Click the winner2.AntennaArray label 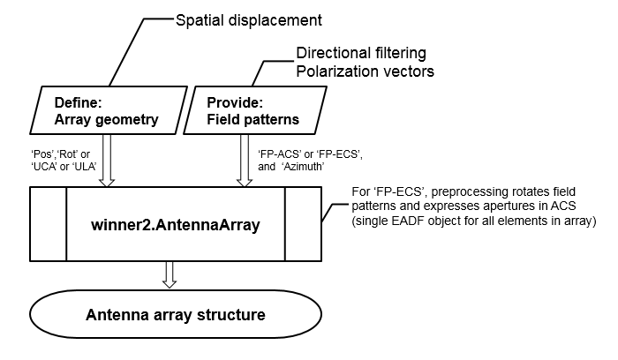pyautogui.click(x=175, y=224)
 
